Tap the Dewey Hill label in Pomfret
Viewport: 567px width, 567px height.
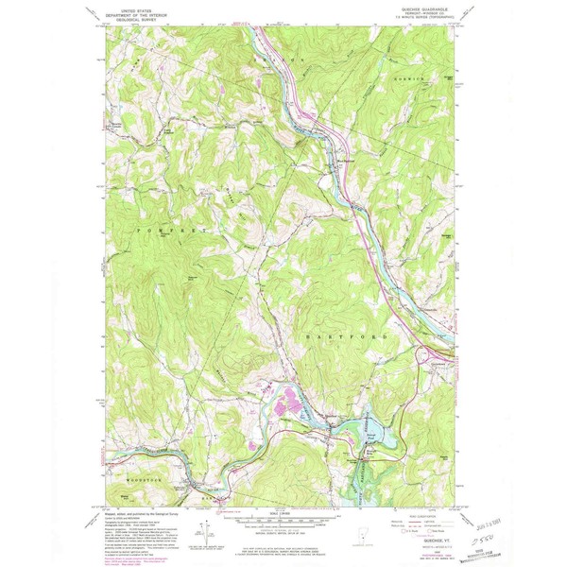tap(193, 277)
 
